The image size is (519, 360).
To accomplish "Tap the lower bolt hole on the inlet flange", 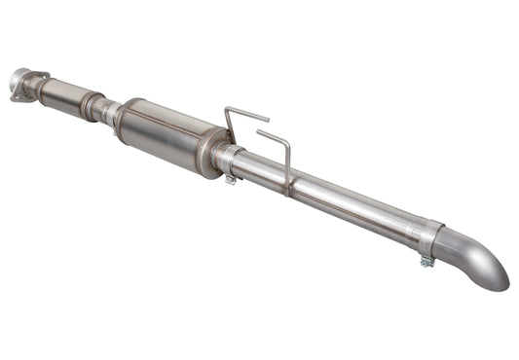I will (x=21, y=95).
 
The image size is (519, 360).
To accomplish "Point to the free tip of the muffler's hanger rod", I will (x=267, y=120).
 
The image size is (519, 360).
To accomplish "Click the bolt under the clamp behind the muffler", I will (x=230, y=179).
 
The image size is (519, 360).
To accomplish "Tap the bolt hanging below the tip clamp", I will (x=426, y=261).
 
